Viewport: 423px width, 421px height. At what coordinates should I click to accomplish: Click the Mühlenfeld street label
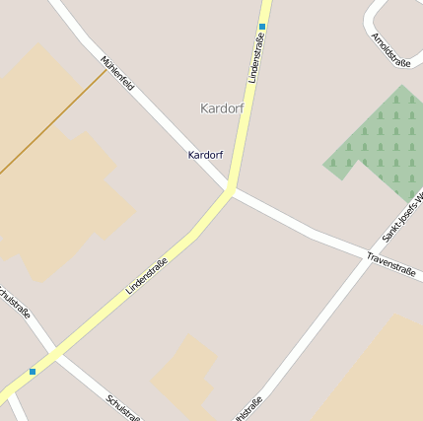coord(117,74)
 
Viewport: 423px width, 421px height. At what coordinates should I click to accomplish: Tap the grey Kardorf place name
coord(221,107)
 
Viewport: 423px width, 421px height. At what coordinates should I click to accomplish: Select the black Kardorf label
coord(205,155)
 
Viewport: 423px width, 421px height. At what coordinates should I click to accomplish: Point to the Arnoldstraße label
coord(390,50)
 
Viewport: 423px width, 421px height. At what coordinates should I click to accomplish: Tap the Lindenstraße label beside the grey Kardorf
coord(257,58)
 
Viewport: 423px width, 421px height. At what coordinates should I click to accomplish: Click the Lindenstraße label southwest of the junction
coord(147,276)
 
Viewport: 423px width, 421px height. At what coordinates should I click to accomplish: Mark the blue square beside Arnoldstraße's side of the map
coord(262,27)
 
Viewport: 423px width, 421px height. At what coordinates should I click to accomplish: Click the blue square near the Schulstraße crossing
coord(33,371)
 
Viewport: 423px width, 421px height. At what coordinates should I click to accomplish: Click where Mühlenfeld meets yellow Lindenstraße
coord(231,188)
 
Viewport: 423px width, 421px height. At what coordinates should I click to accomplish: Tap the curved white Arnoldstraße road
coord(371,22)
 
